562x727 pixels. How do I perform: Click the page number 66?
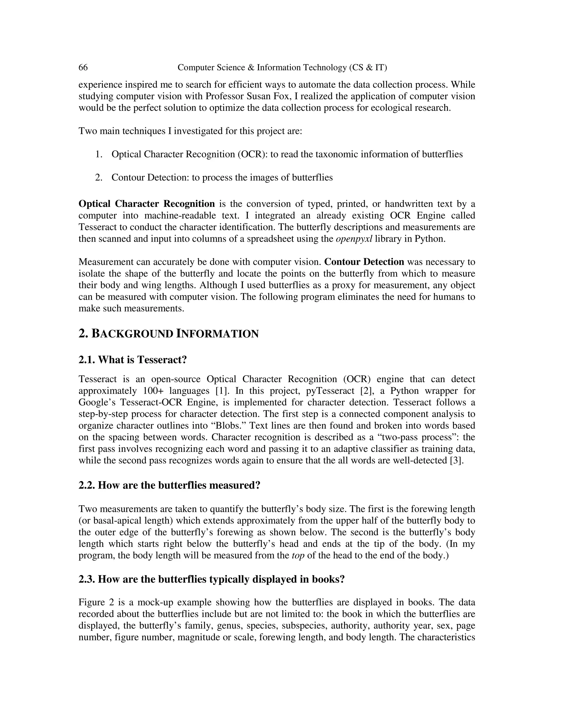pos(83,67)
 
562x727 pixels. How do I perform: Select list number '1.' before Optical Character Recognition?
pos(99,154)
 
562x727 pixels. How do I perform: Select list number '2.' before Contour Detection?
pos(99,177)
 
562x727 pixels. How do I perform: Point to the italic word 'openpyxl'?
pos(354,239)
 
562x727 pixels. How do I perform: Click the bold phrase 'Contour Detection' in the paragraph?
pos(364,262)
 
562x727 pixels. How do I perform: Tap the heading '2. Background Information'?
pos(168,334)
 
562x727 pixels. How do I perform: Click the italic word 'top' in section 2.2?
pos(298,556)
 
